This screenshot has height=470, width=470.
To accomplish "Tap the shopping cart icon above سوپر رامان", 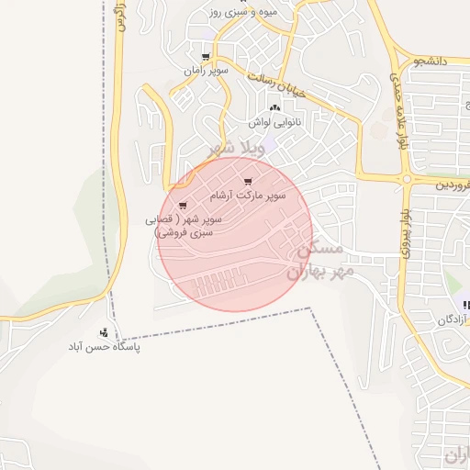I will point(192,56).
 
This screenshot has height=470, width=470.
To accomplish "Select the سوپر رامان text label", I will point(204,71).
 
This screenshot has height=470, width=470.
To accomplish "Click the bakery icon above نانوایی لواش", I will point(274,107).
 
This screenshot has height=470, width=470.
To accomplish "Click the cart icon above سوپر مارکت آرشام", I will point(248,181).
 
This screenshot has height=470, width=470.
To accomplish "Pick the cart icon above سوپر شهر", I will point(183,206).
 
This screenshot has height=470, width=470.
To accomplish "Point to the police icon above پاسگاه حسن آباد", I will point(104,332).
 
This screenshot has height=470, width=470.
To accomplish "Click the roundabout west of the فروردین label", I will point(405,179).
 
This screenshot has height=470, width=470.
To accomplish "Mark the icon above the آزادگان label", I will point(466,305).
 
